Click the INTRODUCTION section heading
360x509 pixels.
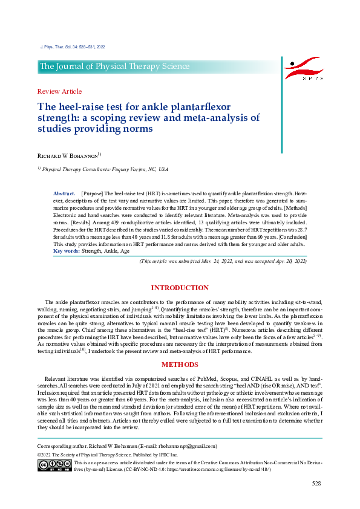180,288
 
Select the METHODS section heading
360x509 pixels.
180,365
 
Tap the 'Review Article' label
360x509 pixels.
59,91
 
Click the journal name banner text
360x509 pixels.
115,66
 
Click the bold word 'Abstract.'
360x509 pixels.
64,192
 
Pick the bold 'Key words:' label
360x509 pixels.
67,250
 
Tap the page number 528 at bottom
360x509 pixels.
316,484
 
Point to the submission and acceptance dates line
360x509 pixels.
223,261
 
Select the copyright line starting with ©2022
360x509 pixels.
108,454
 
